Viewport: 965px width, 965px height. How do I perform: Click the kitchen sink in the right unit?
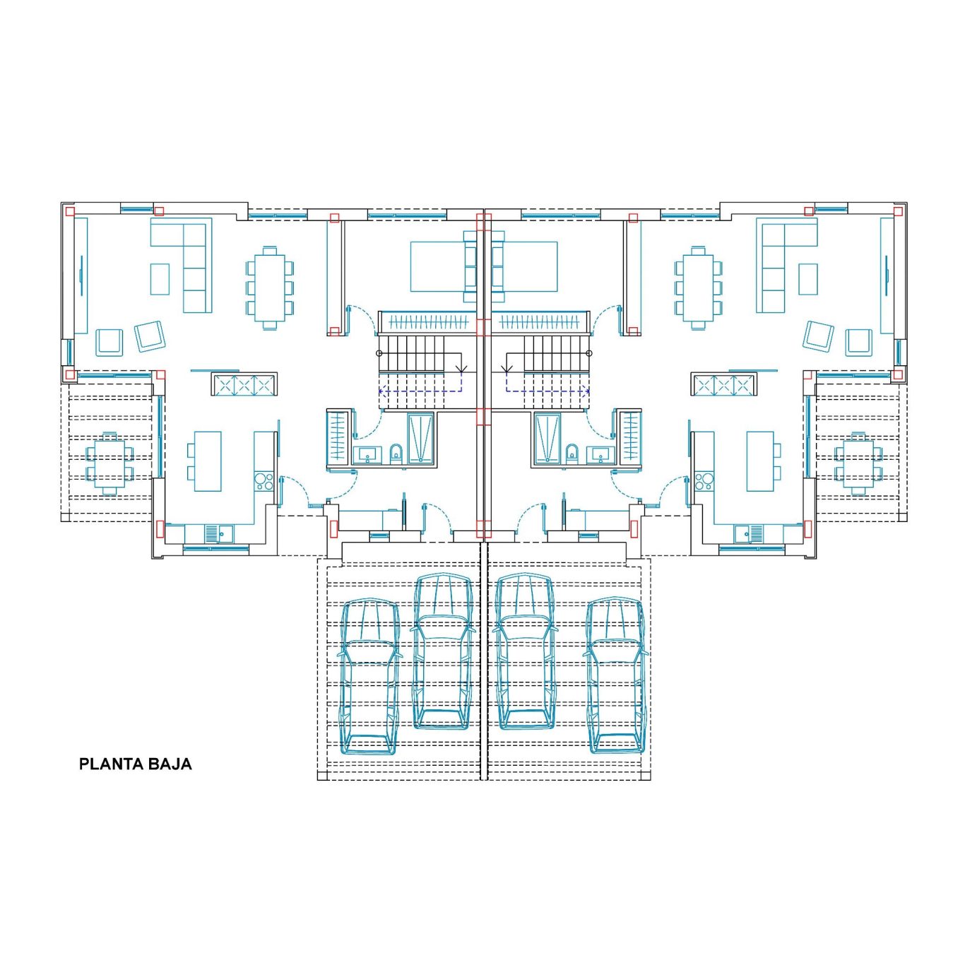(x=749, y=533)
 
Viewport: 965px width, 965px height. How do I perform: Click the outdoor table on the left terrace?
(x=110, y=463)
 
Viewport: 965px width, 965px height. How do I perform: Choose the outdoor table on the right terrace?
(x=858, y=463)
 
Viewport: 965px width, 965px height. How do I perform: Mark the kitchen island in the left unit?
(x=207, y=461)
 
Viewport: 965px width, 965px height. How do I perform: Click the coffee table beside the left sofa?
(x=160, y=280)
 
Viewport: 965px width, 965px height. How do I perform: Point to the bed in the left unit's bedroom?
(x=442, y=266)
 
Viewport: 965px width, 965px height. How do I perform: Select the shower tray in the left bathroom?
(x=420, y=438)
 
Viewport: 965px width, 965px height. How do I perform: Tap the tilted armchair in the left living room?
(x=150, y=336)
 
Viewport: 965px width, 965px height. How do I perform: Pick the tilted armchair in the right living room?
(x=818, y=336)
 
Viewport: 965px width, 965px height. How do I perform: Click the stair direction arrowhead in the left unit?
(x=461, y=369)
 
